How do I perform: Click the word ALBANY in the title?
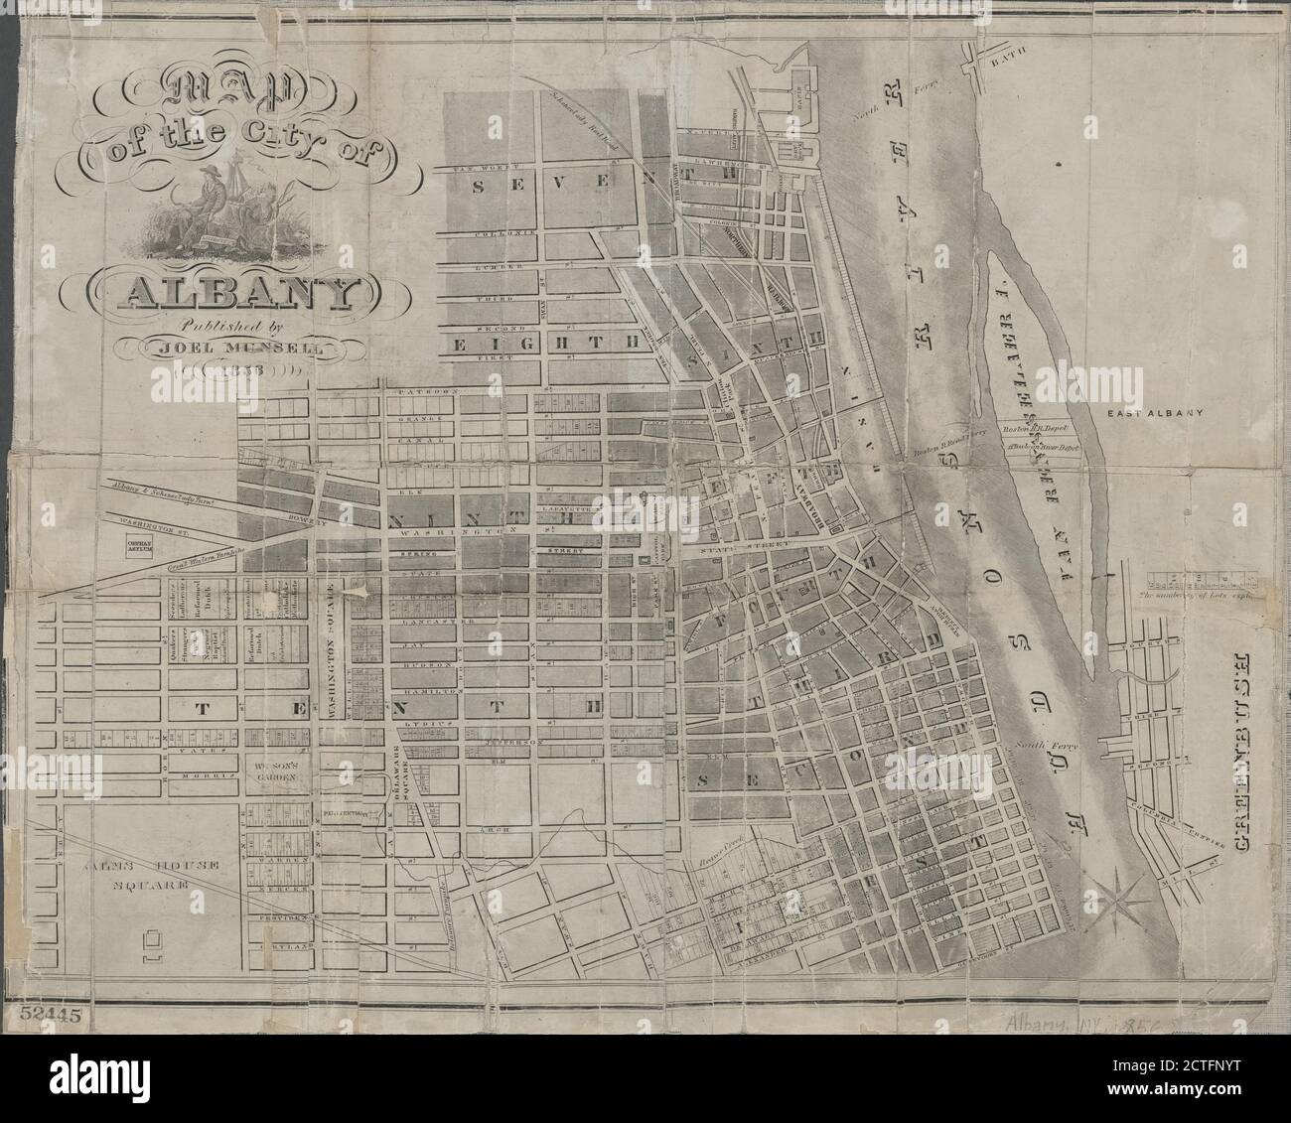tap(236, 292)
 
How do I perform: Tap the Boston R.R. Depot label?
tap(1039, 429)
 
